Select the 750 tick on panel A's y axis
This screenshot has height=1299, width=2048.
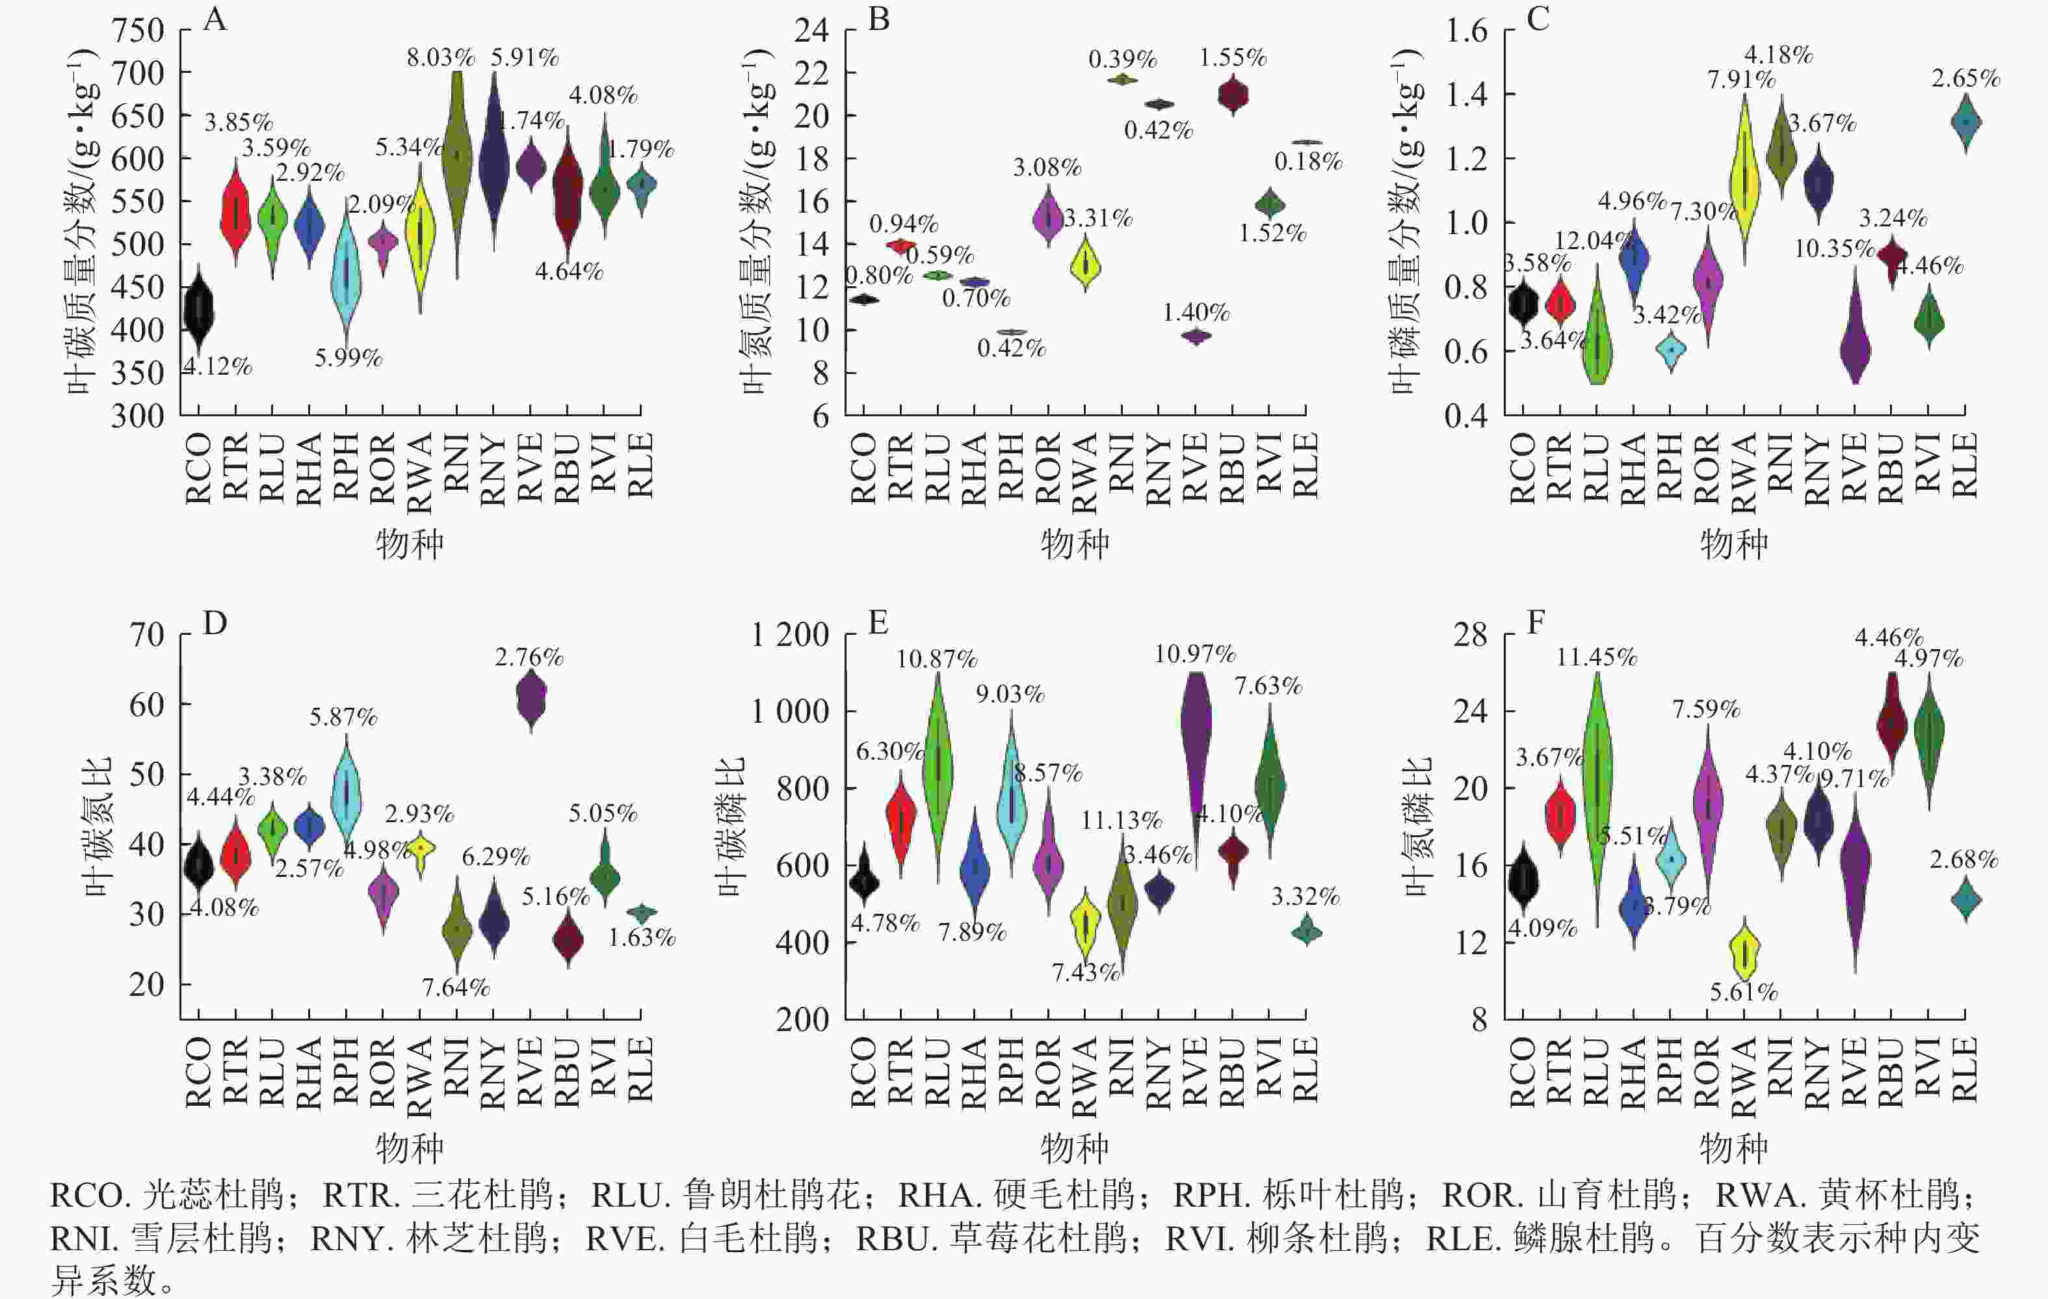(x=138, y=31)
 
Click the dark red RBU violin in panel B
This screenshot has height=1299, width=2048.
(x=1232, y=94)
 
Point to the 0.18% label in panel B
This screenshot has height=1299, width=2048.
(x=1308, y=161)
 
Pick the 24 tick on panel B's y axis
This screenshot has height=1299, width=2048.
(x=811, y=31)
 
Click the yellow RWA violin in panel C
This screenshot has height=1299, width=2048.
(x=1744, y=180)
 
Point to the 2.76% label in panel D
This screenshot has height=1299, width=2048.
(x=529, y=657)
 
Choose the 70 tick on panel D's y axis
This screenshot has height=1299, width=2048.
(x=146, y=635)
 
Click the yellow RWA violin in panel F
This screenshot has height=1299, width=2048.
(x=1744, y=953)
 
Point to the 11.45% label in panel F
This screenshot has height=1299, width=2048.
(x=1596, y=657)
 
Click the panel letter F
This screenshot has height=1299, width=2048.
(x=1535, y=623)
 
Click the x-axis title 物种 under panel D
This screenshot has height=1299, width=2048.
(x=410, y=1149)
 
